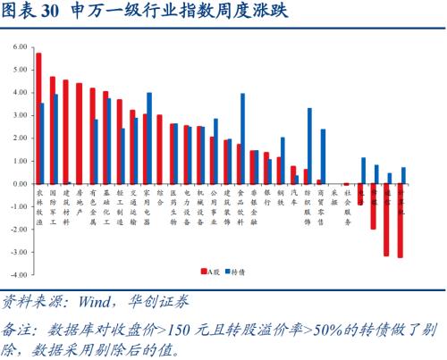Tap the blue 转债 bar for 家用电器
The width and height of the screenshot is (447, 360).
(148, 138)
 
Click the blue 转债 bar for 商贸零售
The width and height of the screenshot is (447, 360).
(323, 156)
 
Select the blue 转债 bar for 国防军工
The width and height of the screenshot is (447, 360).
(55, 138)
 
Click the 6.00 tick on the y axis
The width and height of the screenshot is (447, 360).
(18, 46)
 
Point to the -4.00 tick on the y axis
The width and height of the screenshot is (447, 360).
(17, 275)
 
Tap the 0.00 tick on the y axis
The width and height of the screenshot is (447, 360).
(18, 183)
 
